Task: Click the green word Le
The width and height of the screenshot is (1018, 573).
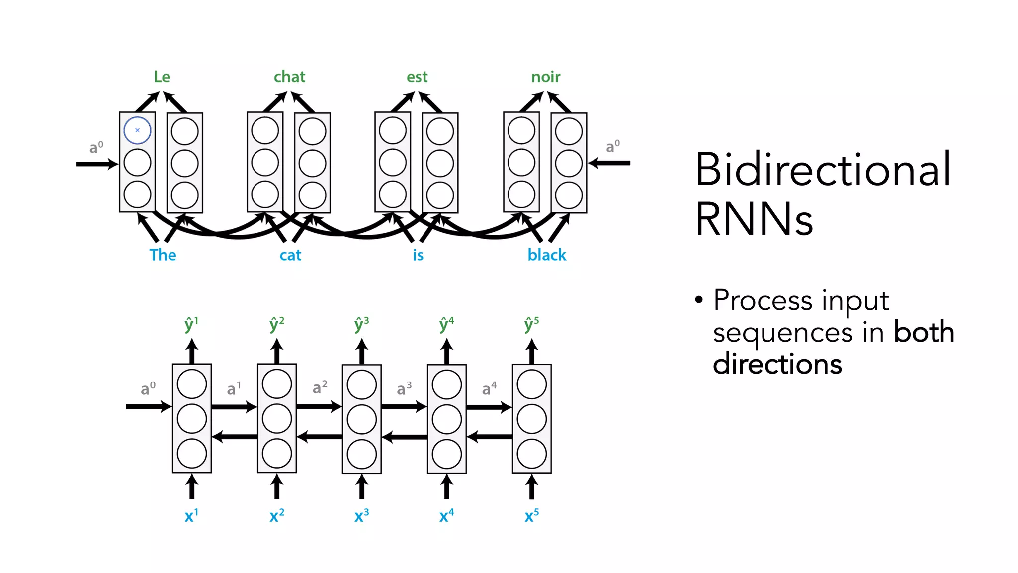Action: click(x=162, y=77)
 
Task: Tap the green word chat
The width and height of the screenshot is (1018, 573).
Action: click(x=289, y=77)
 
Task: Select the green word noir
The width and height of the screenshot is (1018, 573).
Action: click(x=545, y=77)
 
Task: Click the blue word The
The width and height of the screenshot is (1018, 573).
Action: click(x=163, y=255)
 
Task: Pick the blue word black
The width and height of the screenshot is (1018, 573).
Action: click(x=546, y=255)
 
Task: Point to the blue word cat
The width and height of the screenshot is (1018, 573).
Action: click(x=290, y=255)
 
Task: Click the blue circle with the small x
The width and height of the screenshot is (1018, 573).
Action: click(x=137, y=130)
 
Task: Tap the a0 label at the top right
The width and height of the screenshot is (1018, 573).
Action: click(x=612, y=146)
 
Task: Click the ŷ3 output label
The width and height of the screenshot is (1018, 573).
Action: click(x=361, y=324)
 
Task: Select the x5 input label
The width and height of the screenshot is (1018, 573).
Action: click(x=531, y=516)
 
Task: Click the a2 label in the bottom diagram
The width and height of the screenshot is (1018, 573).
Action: click(x=320, y=387)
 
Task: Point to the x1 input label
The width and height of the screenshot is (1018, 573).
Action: click(x=191, y=516)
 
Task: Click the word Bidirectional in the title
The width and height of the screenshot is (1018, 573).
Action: click(x=823, y=170)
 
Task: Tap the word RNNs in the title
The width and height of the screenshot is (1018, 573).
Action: click(x=754, y=219)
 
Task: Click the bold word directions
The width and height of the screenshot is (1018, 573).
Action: click(x=777, y=364)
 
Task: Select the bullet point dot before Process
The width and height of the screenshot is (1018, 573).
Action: click(x=699, y=300)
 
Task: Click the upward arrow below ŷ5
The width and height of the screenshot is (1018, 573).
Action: click(x=532, y=351)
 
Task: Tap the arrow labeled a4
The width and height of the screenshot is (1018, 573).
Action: click(x=489, y=407)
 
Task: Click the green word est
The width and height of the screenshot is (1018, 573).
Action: click(x=417, y=77)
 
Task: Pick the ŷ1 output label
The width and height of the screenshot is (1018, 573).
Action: click(x=191, y=324)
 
